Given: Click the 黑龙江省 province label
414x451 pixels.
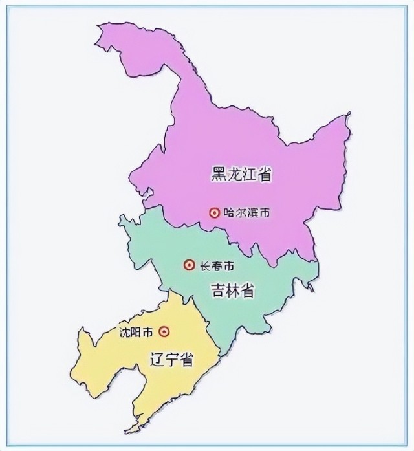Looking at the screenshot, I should [x=241, y=173].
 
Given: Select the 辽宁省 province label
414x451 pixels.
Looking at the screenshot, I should [x=171, y=360].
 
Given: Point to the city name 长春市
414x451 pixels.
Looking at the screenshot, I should [x=217, y=265].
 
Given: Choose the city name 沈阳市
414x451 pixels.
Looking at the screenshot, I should [x=136, y=332].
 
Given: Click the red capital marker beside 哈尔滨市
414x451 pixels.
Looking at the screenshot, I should [x=213, y=212].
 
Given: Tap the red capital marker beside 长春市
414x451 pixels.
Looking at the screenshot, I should [x=189, y=265].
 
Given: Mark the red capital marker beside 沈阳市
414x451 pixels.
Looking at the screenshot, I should [x=164, y=331].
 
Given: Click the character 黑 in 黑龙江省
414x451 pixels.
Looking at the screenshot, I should [x=218, y=173].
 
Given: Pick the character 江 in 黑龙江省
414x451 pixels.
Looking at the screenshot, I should [x=249, y=173].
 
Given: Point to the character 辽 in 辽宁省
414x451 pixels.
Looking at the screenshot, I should [x=157, y=360].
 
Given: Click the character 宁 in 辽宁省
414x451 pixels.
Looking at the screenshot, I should [x=171, y=360].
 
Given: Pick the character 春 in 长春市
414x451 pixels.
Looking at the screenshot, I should [x=217, y=265].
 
